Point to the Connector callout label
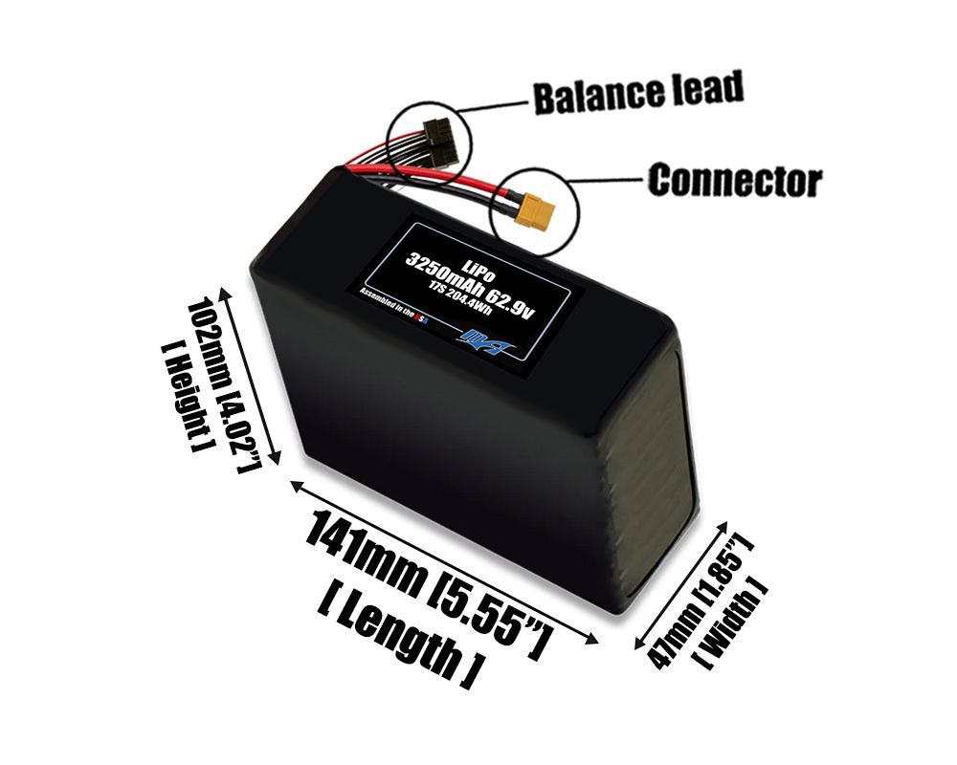pos(734,180)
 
